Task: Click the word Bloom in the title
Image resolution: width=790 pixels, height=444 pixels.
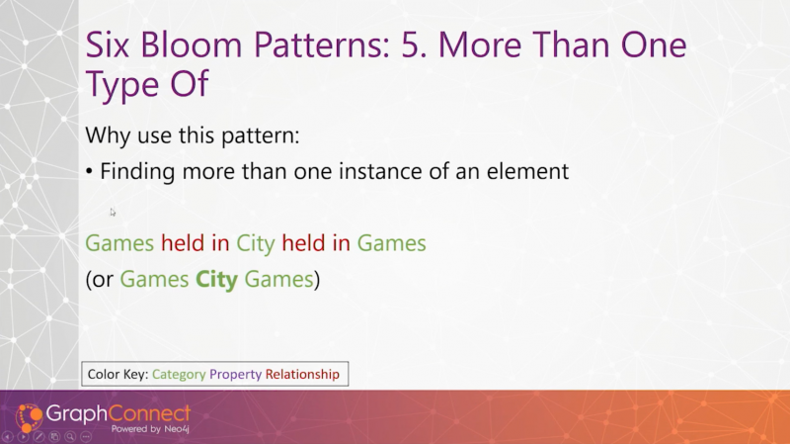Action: [192, 44]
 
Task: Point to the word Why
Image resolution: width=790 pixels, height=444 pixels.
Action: [108, 136]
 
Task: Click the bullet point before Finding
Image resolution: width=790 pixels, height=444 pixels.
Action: [89, 172]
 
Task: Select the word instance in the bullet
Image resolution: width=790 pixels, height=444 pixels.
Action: [380, 171]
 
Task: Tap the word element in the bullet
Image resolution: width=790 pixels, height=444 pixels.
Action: [527, 171]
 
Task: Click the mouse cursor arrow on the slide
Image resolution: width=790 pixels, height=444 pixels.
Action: [113, 213]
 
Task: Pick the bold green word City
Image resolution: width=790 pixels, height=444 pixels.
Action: [216, 280]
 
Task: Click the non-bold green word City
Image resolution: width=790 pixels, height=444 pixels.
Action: [256, 243]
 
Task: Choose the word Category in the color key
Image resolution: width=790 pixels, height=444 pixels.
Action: [179, 375]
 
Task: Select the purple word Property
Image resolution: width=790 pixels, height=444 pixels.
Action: [235, 375]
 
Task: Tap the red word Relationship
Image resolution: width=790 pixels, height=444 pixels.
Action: [302, 375]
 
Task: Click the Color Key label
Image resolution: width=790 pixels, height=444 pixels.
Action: [118, 375]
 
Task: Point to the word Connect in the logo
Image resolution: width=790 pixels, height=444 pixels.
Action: [150, 413]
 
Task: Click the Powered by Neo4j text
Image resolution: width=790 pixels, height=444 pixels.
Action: [150, 429]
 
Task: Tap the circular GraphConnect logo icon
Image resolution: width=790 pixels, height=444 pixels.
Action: [29, 417]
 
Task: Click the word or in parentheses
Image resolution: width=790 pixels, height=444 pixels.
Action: [103, 280]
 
